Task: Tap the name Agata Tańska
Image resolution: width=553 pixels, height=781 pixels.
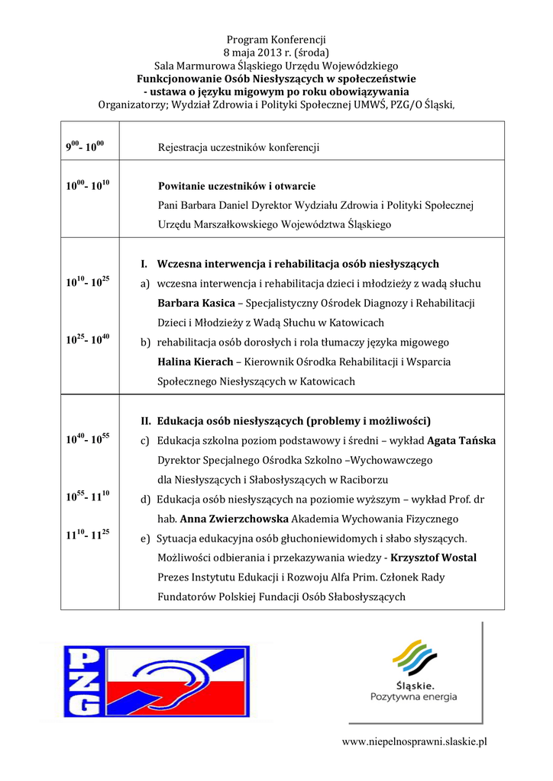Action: [x=461, y=441]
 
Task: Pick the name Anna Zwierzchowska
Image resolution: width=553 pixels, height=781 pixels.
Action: [x=234, y=519]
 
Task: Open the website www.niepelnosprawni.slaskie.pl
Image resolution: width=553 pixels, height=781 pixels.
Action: [x=414, y=742]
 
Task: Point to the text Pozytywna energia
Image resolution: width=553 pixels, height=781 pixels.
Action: [x=413, y=697]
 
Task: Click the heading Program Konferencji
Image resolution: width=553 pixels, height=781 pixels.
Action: [x=276, y=39]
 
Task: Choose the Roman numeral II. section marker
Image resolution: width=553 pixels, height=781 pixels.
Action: [x=147, y=421]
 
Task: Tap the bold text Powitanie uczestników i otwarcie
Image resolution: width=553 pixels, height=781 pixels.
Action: [x=237, y=186]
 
